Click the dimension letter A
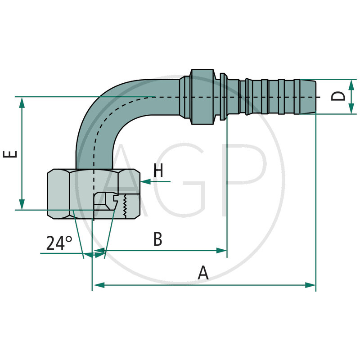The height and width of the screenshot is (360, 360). pos(203,273)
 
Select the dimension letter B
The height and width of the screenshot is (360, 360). pos(157,239)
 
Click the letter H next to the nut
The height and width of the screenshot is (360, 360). pos(158,171)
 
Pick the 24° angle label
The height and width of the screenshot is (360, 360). pos(59,243)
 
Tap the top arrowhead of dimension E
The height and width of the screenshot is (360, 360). pos(21,102)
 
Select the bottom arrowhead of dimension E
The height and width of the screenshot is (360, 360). pos(21,204)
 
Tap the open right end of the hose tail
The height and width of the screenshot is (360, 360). pos(314,97)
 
